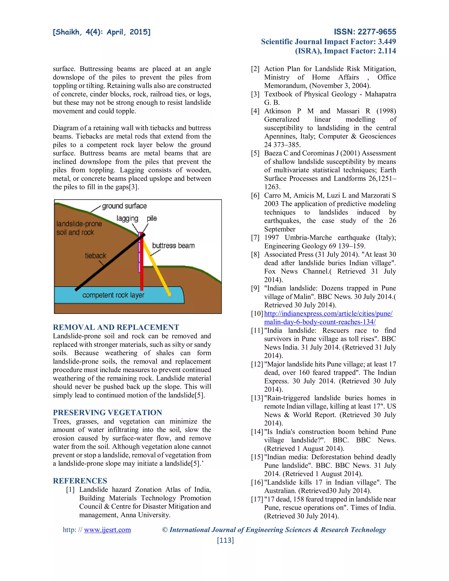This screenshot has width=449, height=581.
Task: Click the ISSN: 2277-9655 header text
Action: pyautogui.click(x=365, y=32)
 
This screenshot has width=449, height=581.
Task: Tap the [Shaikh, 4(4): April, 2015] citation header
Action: pyautogui.click(x=102, y=32)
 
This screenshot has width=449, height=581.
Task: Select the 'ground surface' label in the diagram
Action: pyautogui.click(x=124, y=206)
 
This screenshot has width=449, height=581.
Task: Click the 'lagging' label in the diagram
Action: pyautogui.click(x=127, y=218)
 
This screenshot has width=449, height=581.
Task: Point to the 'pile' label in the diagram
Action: pyautogui.click(x=152, y=218)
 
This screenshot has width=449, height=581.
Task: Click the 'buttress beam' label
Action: pyautogui.click(x=173, y=246)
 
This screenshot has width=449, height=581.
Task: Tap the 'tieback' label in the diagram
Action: pyautogui.click(x=95, y=256)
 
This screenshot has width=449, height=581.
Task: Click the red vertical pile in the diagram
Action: pyautogui.click(x=142, y=266)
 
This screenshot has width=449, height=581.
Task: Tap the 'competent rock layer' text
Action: pyautogui.click(x=113, y=295)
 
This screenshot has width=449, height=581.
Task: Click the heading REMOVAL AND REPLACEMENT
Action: pyautogui.click(x=116, y=327)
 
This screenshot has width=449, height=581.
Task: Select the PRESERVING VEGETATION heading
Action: pyautogui.click(x=107, y=413)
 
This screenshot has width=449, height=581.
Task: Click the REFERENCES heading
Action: pyautogui.click(x=80, y=481)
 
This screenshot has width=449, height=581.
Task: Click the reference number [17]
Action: pyautogui.click(x=257, y=499)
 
